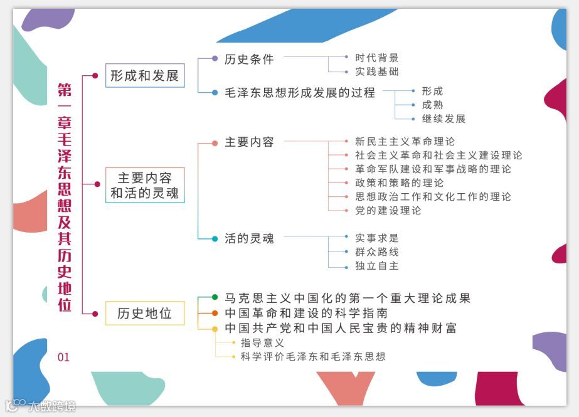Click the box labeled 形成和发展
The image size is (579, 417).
pos(145,75)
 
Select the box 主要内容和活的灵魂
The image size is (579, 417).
pos(145,185)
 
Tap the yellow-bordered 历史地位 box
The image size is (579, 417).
pos(145,313)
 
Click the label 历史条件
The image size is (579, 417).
pos(249,59)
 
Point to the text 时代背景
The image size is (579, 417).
pos(376,58)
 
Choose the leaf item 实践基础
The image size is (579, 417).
pos(376,72)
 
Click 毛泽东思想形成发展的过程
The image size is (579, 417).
pos(300,92)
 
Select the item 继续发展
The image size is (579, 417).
pos(444,119)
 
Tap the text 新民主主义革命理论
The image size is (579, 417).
pos(405,142)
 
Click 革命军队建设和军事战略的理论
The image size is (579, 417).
pos(433,169)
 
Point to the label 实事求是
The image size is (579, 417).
pos(376,238)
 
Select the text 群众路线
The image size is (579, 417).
pos(376,252)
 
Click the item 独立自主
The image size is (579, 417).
pos(376,266)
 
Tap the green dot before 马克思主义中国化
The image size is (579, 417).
pos(215,297)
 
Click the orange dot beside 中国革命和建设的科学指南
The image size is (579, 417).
pos(215,313)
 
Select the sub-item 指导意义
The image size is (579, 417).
pos(262,343)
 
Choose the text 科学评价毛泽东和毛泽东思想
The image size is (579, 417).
pos(312,357)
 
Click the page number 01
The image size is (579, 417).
pos(63,357)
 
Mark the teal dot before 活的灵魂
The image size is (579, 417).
pos(215,238)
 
